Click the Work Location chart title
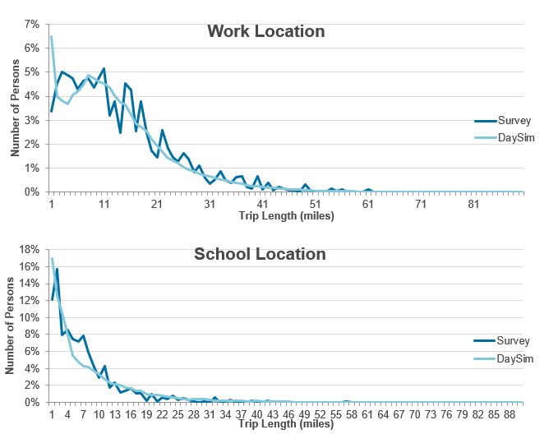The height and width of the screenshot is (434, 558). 265,32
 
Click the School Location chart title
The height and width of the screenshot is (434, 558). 260,254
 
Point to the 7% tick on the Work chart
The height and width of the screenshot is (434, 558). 32,24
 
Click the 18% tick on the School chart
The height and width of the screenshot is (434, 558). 30,249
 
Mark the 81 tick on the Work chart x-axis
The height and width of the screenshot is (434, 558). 473,203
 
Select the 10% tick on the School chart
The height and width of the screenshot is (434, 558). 30,317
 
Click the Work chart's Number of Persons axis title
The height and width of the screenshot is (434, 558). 15,108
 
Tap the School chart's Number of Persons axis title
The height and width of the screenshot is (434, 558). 10,326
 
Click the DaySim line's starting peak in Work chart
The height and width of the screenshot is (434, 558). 52,36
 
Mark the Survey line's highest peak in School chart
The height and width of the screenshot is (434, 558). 57,269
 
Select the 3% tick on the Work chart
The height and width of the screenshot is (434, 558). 32,120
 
